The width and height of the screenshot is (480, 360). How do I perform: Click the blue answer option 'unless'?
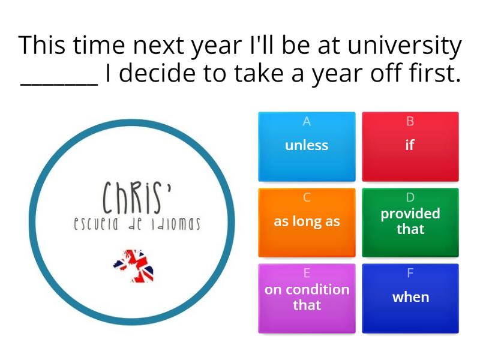(307, 146)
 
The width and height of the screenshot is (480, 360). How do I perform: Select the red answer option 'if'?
(410, 146)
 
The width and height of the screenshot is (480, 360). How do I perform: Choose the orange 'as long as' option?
(307, 222)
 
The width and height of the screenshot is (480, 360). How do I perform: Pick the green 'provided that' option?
(410, 222)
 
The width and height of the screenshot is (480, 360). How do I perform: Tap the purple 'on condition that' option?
(307, 298)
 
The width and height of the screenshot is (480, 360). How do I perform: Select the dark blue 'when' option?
(410, 298)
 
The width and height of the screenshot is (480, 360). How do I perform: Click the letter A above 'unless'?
(307, 121)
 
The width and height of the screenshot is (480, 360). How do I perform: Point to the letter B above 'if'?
(410, 121)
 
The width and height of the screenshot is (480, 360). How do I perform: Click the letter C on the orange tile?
(307, 197)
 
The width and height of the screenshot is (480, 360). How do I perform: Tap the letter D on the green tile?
(410, 197)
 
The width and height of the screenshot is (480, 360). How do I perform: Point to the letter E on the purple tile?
(307, 273)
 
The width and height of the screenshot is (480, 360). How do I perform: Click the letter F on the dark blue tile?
(410, 273)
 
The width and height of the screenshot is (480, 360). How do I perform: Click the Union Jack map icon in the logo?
(134, 265)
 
